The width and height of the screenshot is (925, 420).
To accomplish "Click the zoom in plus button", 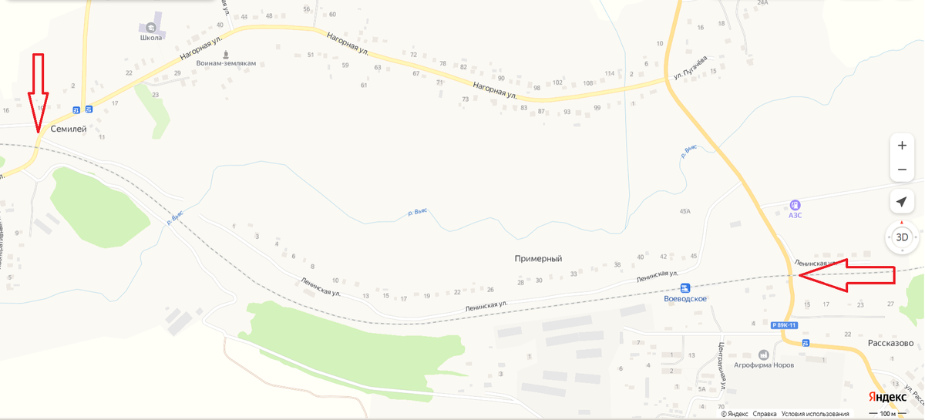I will (902, 146).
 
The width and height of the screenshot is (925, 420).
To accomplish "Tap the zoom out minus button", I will (902, 170).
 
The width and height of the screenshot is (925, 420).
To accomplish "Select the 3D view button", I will (902, 237).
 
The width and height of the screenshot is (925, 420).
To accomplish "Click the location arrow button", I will (901, 202).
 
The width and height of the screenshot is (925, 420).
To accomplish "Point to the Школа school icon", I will (150, 26).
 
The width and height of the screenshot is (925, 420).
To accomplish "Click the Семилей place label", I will (69, 129).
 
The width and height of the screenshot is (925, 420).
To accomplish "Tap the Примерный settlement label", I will (538, 259).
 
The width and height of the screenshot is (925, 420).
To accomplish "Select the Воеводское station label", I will (685, 298).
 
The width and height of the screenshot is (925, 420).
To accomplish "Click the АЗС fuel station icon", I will (795, 205).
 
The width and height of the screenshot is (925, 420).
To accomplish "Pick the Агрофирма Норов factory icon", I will (763, 354).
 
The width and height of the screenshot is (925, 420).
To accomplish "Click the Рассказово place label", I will (890, 343).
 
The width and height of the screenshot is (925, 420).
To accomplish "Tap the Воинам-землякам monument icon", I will (226, 55).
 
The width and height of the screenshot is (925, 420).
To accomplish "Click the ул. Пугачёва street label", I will (691, 66).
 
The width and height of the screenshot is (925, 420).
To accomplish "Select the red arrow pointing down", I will (38, 92).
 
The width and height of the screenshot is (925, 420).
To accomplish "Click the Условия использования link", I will (816, 414).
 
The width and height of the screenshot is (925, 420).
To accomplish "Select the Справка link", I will (764, 414).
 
